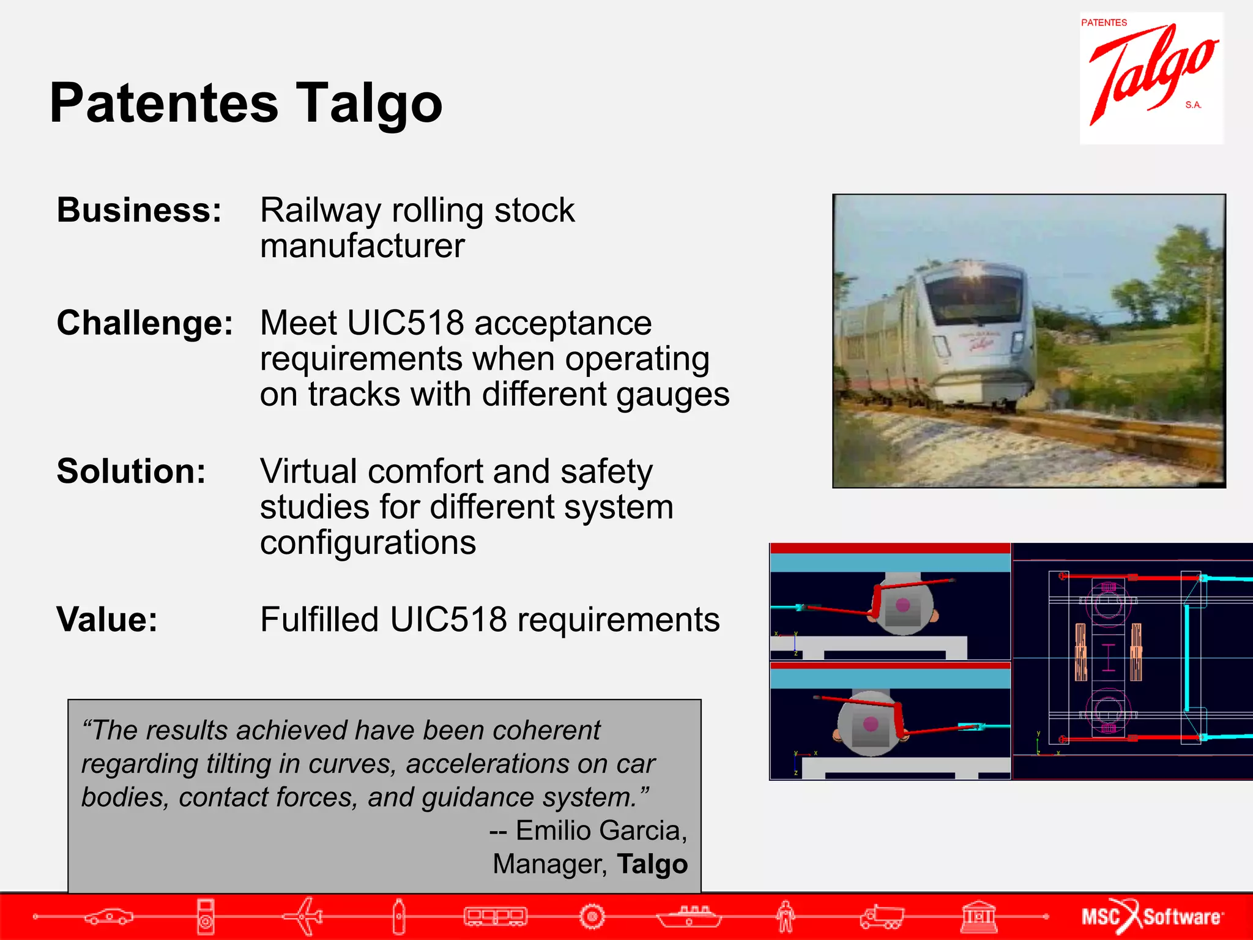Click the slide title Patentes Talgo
pyautogui.click(x=245, y=103)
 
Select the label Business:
pyautogui.click(x=139, y=210)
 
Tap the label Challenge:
pyautogui.click(x=144, y=323)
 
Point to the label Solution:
pyautogui.click(x=131, y=471)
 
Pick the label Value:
pyautogui.click(x=107, y=619)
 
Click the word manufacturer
pyautogui.click(x=362, y=246)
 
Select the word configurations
pyautogui.click(x=368, y=543)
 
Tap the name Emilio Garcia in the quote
pyautogui.click(x=601, y=830)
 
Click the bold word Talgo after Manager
pyautogui.click(x=652, y=864)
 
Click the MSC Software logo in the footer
pyautogui.click(x=1151, y=916)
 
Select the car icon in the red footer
pyautogui.click(x=109, y=916)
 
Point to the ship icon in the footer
pyautogui.click(x=689, y=916)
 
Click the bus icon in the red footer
pyautogui.click(x=496, y=916)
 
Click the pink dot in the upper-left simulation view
pyautogui.click(x=902, y=605)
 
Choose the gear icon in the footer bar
pyautogui.click(x=592, y=916)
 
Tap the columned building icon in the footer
pyautogui.click(x=978, y=916)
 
